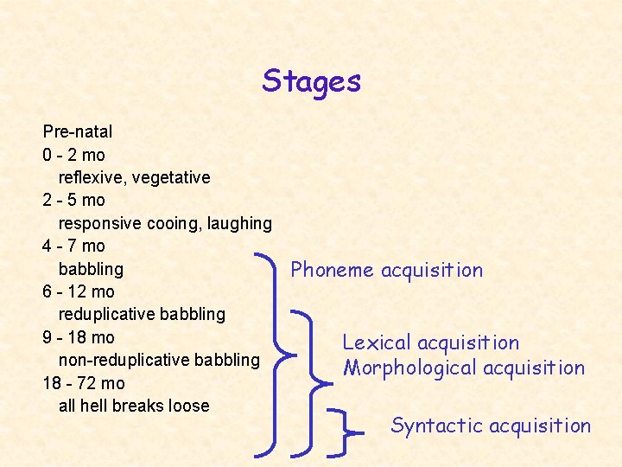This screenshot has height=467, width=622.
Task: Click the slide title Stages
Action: (x=312, y=81)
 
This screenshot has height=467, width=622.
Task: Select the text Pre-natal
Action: (x=78, y=132)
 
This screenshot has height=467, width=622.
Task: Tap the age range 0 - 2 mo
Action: (x=73, y=155)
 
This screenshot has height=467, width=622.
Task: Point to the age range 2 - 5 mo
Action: (x=73, y=200)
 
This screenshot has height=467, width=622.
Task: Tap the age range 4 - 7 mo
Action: (x=73, y=246)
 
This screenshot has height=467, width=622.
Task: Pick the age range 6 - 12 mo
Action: (x=78, y=291)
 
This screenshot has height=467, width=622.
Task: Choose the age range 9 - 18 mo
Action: (x=78, y=337)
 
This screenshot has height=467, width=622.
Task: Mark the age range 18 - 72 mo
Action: (x=83, y=383)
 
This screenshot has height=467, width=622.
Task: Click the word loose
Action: (x=187, y=406)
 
